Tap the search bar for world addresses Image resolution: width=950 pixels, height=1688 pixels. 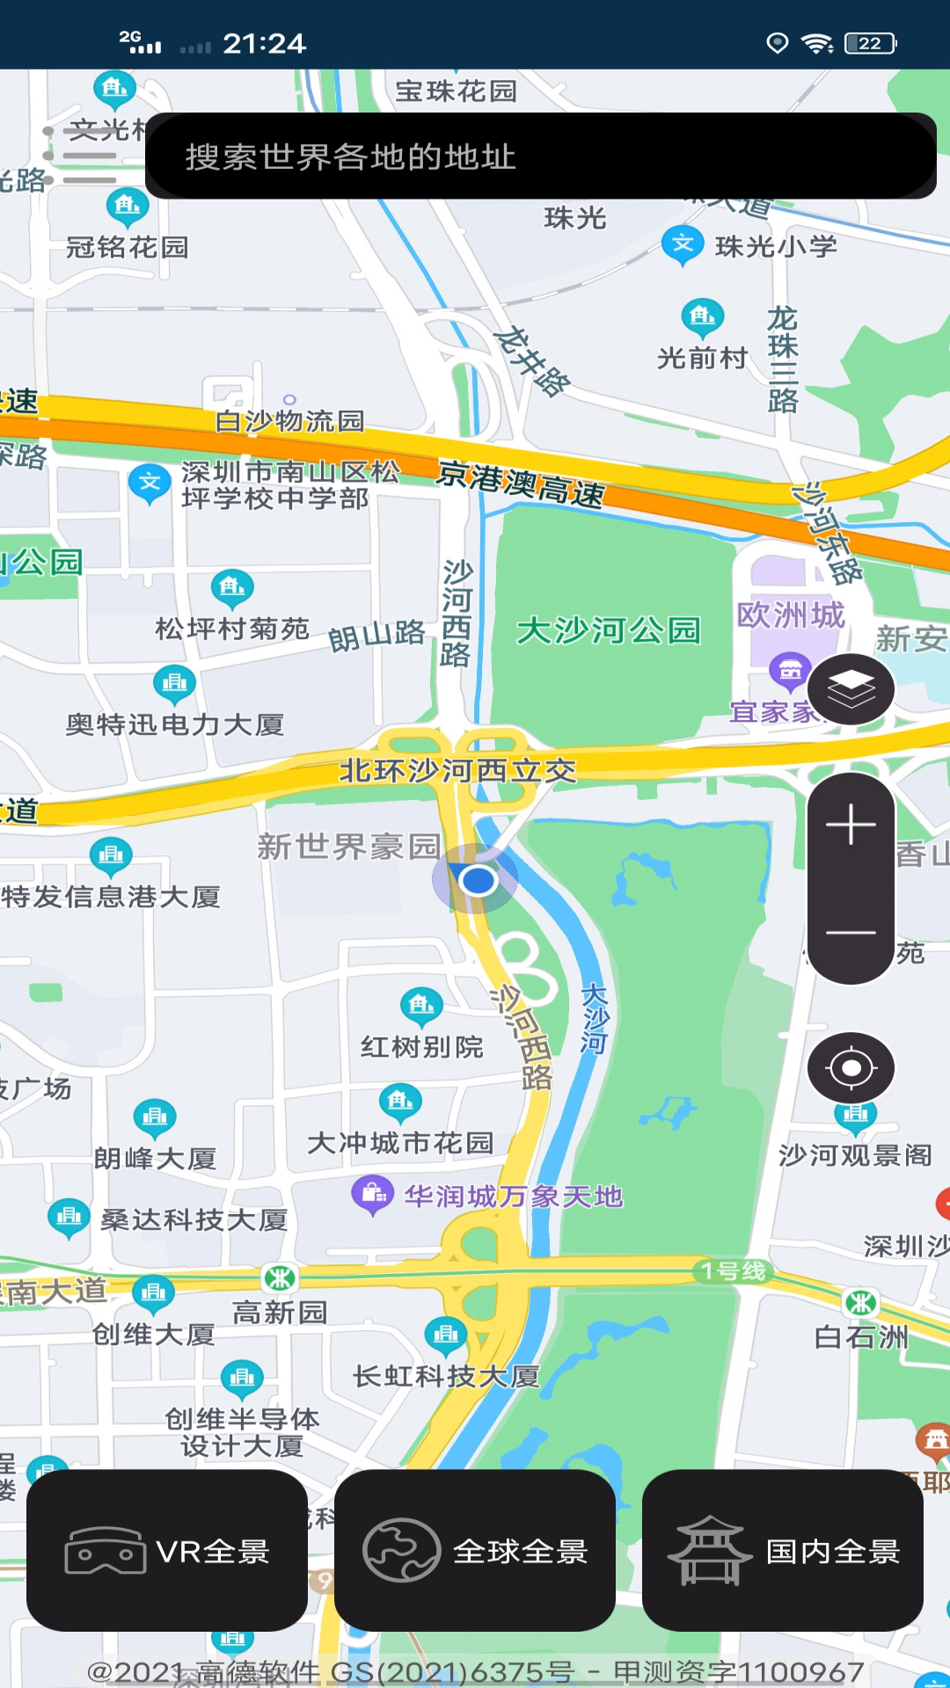pyautogui.click(x=540, y=156)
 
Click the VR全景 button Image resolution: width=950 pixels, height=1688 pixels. pyautogui.click(x=167, y=1551)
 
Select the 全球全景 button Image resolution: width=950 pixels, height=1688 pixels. pyautogui.click(x=475, y=1551)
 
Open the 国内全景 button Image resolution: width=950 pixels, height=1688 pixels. pyautogui.click(x=783, y=1551)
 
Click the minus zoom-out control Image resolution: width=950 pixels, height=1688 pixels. pyautogui.click(x=851, y=932)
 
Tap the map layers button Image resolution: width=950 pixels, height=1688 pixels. pyautogui.click(x=851, y=689)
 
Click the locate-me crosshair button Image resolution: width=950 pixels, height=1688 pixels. pyautogui.click(x=851, y=1068)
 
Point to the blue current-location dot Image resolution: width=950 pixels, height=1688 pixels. pyautogui.click(x=478, y=879)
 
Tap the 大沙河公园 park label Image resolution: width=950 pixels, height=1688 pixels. pyautogui.click(x=609, y=630)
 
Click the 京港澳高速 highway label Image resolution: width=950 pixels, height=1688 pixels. pyautogui.click(x=521, y=484)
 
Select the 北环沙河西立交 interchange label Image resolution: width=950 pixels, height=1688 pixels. pyautogui.click(x=457, y=771)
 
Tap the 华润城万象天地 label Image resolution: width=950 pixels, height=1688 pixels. pyautogui.click(x=514, y=1197)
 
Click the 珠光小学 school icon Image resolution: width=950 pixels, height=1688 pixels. pyautogui.click(x=683, y=244)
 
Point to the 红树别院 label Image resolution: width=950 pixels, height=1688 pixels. pyautogui.click(x=422, y=1047)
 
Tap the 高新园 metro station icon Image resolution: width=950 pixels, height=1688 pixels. pyautogui.click(x=280, y=1278)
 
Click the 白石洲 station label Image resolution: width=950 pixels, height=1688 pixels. pyautogui.click(x=861, y=1337)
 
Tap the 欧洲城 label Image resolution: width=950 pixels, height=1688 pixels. pyautogui.click(x=791, y=615)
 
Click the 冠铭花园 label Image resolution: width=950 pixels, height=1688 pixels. pyautogui.click(x=128, y=247)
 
